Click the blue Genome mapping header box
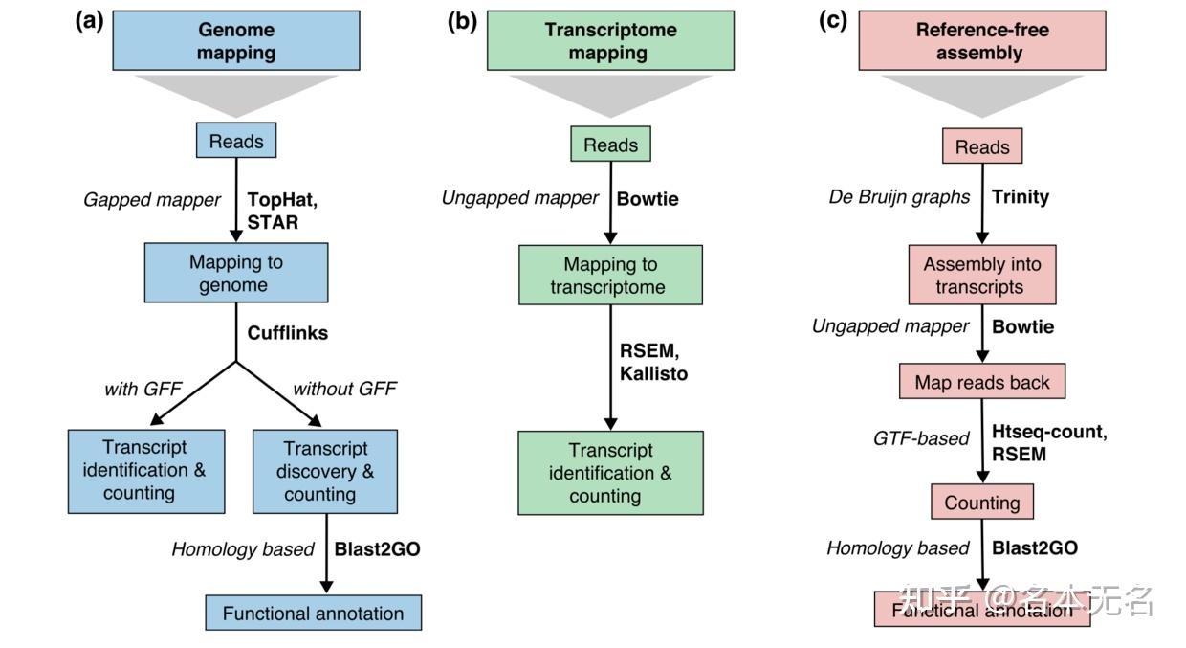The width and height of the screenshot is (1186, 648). (235, 41)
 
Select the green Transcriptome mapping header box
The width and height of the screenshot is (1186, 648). (610, 41)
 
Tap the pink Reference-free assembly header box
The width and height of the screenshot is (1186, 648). (981, 41)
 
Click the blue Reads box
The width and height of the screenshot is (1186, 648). (236, 142)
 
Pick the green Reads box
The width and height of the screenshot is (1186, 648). (610, 145)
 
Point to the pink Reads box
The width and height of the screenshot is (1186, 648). (982, 146)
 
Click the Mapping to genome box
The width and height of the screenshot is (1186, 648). (235, 273)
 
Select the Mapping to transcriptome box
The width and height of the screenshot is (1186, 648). (610, 275)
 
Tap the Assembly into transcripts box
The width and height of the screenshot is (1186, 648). (982, 276)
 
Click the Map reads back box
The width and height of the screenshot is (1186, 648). (982, 382)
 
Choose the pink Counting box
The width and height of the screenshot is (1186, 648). (982, 503)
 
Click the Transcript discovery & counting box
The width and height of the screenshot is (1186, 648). (324, 471)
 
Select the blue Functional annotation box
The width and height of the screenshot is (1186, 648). (313, 613)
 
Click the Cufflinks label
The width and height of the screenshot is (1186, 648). (288, 333)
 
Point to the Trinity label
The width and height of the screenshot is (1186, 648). (1021, 196)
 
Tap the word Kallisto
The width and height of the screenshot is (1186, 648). (653, 373)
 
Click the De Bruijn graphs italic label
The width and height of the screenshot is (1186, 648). (898, 196)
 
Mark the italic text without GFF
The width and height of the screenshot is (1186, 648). (344, 389)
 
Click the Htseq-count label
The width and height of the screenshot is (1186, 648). (1049, 432)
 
